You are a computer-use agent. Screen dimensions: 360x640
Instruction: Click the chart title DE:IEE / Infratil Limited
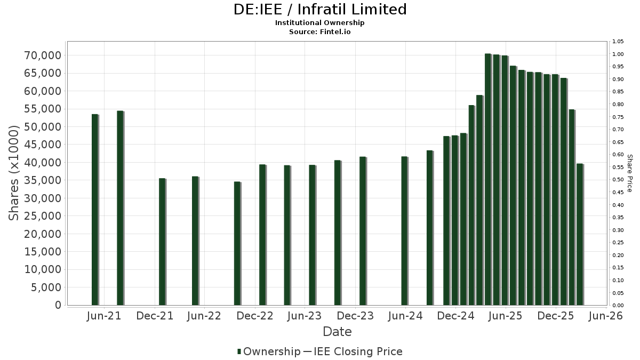coord(320,10)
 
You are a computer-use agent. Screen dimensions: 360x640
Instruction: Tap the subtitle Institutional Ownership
coord(320,23)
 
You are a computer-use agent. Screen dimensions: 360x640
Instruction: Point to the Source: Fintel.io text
coord(320,31)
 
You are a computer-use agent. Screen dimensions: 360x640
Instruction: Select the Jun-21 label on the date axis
coord(104,316)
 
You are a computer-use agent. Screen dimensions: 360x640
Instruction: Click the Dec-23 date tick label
coord(355,316)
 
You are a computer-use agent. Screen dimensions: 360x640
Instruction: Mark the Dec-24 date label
coord(456,316)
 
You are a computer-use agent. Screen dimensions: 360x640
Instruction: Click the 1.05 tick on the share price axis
coord(618,42)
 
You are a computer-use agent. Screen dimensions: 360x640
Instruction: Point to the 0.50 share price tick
coord(618,180)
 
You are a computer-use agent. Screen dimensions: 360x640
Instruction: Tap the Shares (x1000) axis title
coord(14,173)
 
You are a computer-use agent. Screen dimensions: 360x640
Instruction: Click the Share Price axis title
coord(630,173)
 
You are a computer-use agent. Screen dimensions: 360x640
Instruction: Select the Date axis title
coord(337,332)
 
